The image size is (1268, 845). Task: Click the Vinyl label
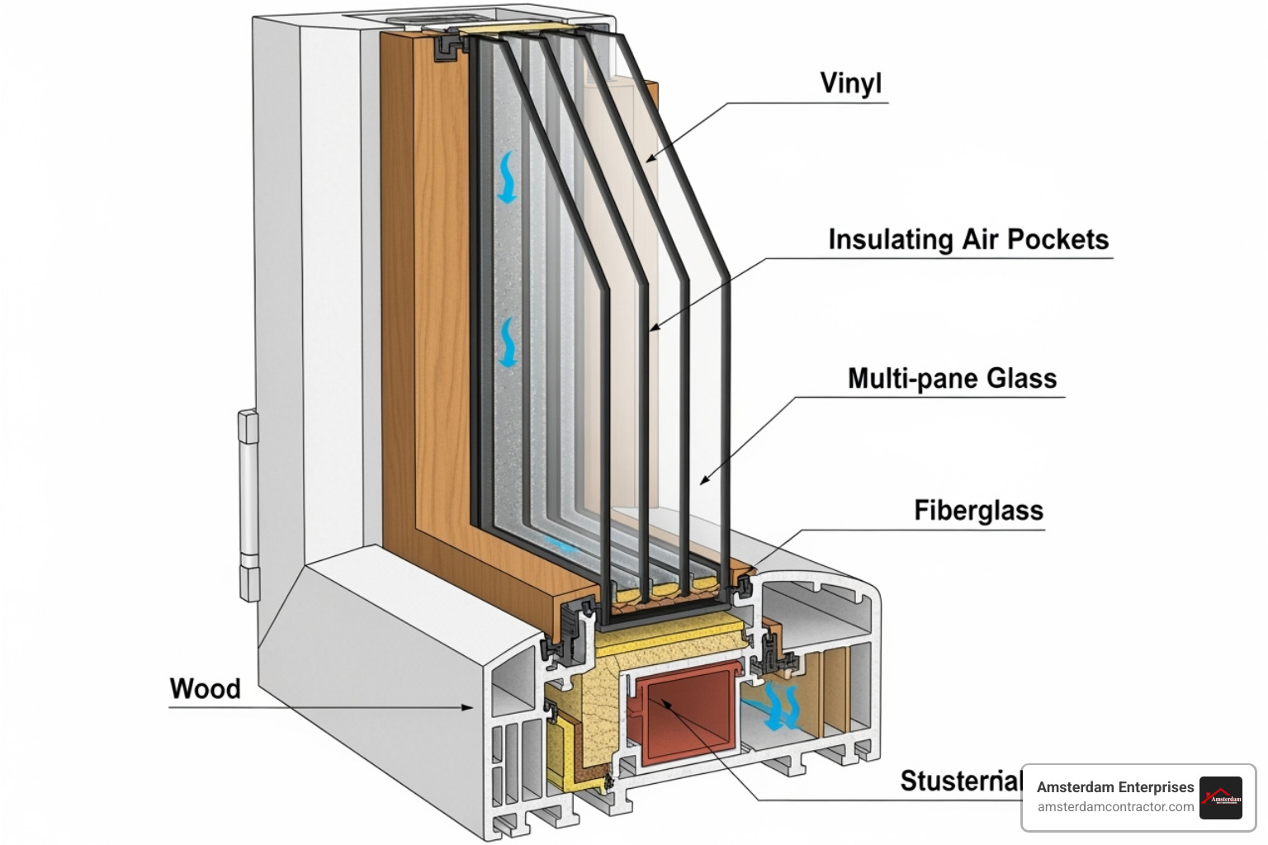(x=850, y=83)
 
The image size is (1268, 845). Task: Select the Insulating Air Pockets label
(x=968, y=239)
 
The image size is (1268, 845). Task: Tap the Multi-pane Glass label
(x=952, y=378)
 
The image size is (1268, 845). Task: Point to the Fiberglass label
(x=978, y=510)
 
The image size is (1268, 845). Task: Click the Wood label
(x=205, y=688)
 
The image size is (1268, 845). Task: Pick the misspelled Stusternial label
(x=960, y=780)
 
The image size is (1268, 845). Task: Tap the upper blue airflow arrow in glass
(x=506, y=177)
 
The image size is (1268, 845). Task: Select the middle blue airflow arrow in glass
(x=507, y=342)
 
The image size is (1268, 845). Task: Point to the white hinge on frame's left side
(x=248, y=504)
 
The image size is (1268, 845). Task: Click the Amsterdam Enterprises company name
(x=1114, y=787)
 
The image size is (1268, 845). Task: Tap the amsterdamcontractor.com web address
(x=1115, y=807)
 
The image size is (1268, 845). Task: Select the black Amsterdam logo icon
(x=1221, y=798)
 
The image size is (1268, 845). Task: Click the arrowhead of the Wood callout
(x=469, y=707)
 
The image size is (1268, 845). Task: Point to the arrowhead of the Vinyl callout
(x=650, y=159)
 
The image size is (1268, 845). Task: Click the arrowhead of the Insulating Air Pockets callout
(x=654, y=328)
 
